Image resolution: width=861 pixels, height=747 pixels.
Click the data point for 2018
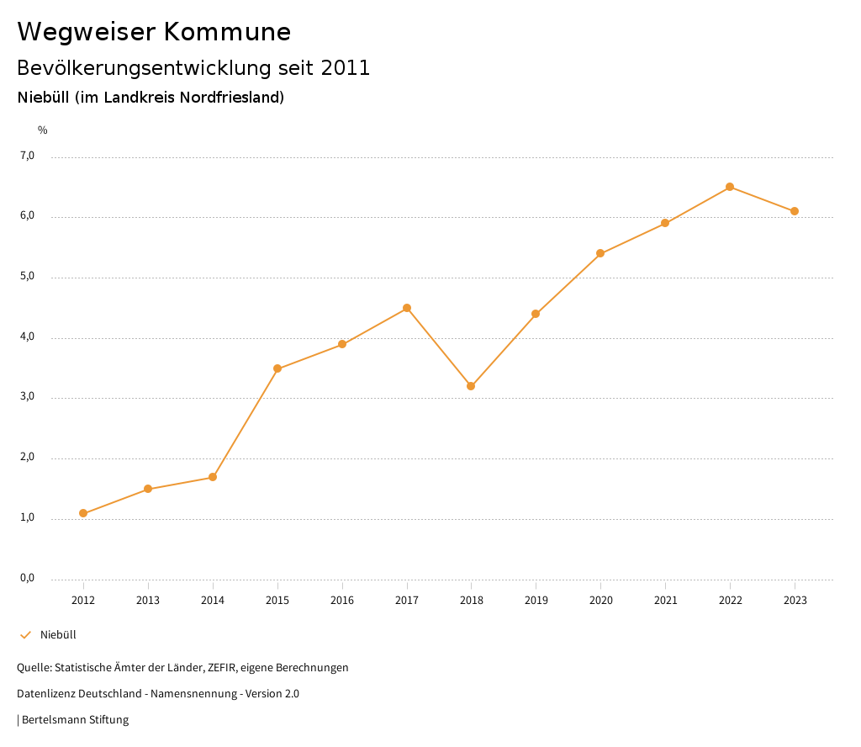pos(471,386)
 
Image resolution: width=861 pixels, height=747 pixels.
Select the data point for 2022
pos(730,187)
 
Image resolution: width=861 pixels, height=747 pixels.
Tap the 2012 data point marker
pos(83,513)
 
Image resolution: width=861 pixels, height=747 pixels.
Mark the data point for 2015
pos(277,368)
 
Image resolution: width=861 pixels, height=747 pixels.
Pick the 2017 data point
pos(407,308)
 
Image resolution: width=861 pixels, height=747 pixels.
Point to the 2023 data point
pos(795,211)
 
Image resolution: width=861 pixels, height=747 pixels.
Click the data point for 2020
pos(600,253)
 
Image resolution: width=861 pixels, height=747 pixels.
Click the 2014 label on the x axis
pos(213,601)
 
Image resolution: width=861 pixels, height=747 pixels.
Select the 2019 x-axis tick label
pos(536,601)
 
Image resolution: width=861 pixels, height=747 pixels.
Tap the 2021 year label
pos(665,601)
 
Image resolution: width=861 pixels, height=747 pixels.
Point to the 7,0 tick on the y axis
pos(27,156)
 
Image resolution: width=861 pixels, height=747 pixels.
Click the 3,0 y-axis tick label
pos(27,396)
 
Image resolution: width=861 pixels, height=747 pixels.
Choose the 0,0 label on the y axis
pos(27,578)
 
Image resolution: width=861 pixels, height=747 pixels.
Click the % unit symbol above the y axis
pos(43,130)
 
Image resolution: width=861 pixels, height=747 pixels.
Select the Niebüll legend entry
pos(58,635)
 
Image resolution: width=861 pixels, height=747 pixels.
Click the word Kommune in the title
pos(227,32)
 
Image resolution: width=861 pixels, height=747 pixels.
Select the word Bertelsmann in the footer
pos(54,720)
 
